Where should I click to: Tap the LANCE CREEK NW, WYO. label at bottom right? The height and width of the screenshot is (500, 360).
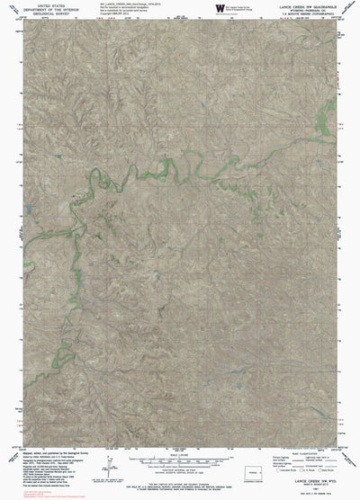(315, 487)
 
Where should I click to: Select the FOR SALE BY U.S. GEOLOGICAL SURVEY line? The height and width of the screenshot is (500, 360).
(180, 483)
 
